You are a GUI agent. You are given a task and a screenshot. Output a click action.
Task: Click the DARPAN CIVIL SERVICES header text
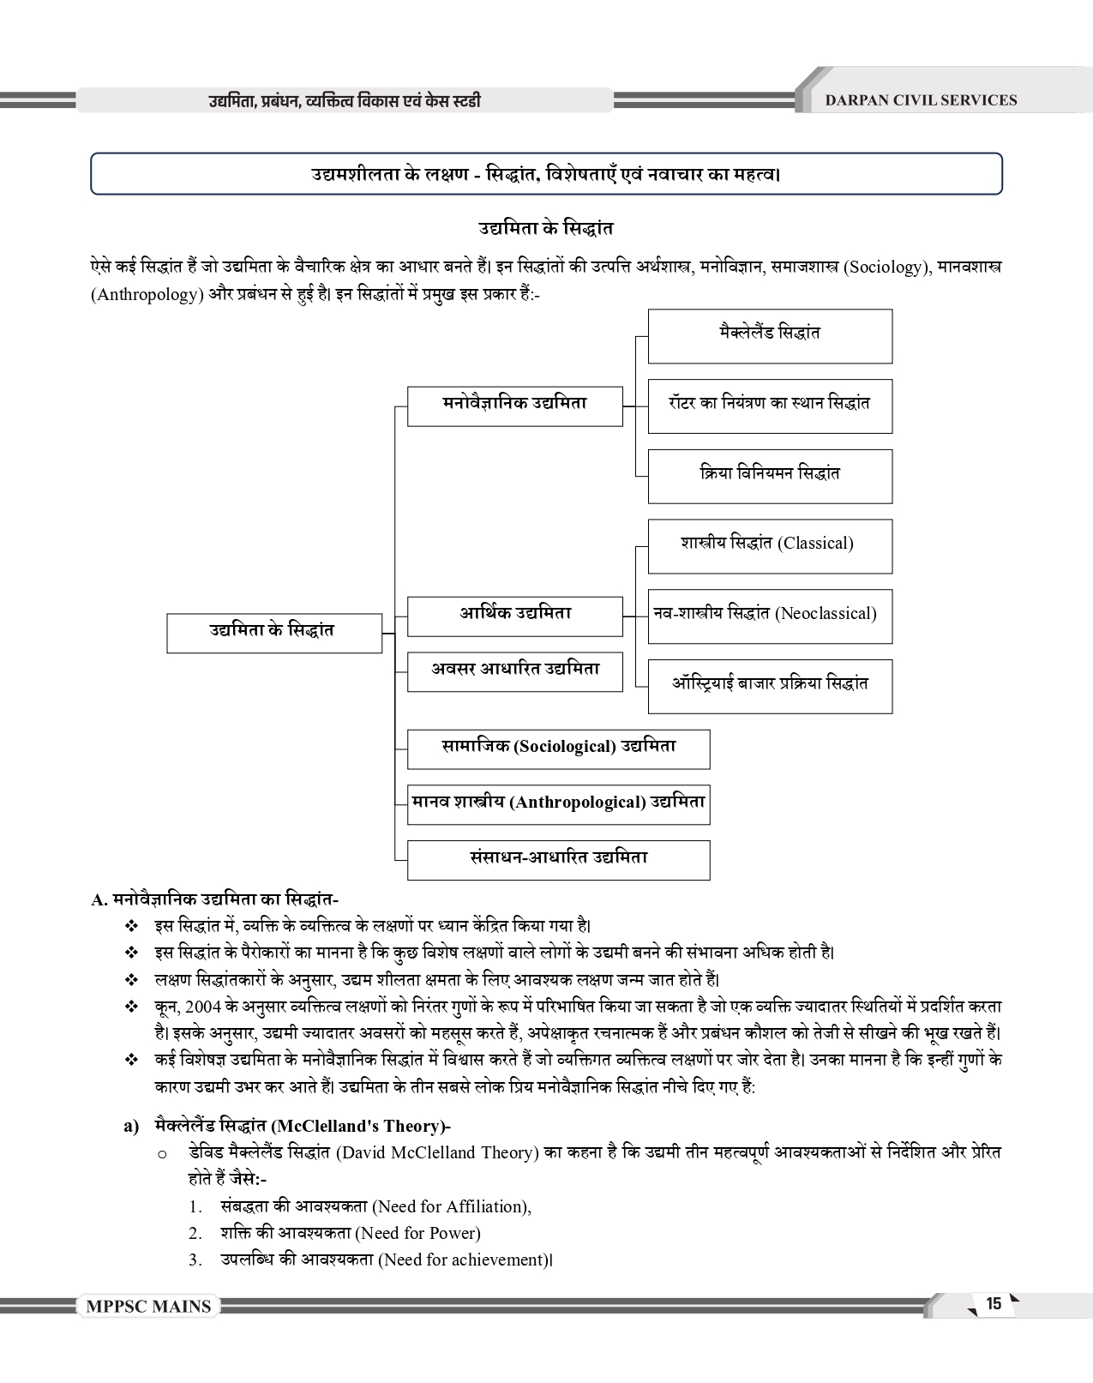(920, 100)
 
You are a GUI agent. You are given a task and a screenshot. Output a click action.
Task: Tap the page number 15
(994, 1304)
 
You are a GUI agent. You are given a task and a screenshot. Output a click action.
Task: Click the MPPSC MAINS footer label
(148, 1307)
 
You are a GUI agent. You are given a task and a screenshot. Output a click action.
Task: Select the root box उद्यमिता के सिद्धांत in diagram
(273, 632)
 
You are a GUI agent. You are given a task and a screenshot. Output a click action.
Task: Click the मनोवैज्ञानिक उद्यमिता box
(514, 406)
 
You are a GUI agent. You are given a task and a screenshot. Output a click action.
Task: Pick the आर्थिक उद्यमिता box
(514, 616)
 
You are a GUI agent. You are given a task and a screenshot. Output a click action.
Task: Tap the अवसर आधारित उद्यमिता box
(514, 670)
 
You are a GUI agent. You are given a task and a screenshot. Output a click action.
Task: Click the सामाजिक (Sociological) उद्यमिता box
(558, 749)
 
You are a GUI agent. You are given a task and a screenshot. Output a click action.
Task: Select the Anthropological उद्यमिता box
(558, 804)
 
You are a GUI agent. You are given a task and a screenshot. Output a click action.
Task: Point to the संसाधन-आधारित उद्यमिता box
(558, 859)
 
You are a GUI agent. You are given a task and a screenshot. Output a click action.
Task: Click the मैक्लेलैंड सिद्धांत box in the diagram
(769, 335)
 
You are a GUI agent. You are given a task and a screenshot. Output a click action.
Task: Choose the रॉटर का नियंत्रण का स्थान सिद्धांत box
(769, 405)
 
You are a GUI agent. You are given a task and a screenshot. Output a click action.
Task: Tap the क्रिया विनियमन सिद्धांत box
(769, 475)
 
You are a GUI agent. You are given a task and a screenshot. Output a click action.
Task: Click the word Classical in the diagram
(815, 544)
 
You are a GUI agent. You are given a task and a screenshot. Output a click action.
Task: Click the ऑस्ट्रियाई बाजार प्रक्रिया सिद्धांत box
(769, 685)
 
